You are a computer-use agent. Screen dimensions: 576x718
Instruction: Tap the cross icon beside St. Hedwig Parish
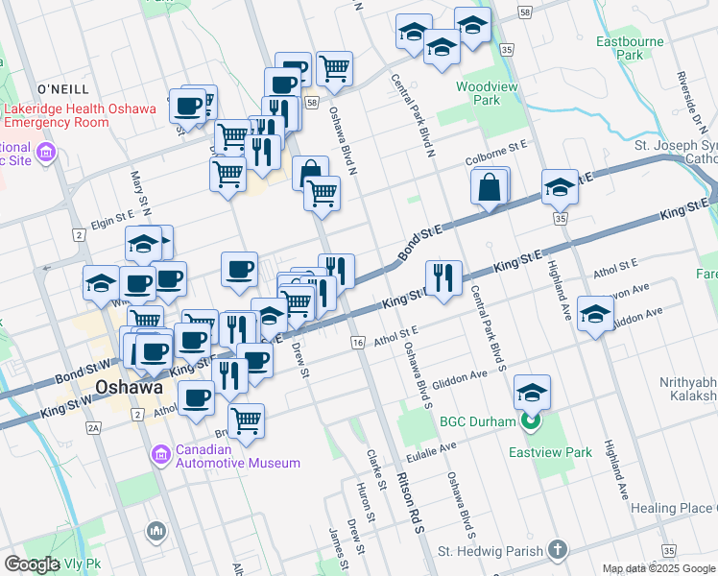[557, 550]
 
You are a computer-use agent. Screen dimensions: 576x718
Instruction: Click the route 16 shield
[359, 343]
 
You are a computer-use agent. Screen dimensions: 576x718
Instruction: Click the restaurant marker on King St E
[443, 278]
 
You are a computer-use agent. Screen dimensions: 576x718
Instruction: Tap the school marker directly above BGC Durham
[532, 392]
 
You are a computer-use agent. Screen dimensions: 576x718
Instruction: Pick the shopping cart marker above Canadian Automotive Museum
[247, 420]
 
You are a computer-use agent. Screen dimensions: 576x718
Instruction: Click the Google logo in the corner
[32, 564]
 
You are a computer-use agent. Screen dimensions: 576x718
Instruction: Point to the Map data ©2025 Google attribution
[658, 568]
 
